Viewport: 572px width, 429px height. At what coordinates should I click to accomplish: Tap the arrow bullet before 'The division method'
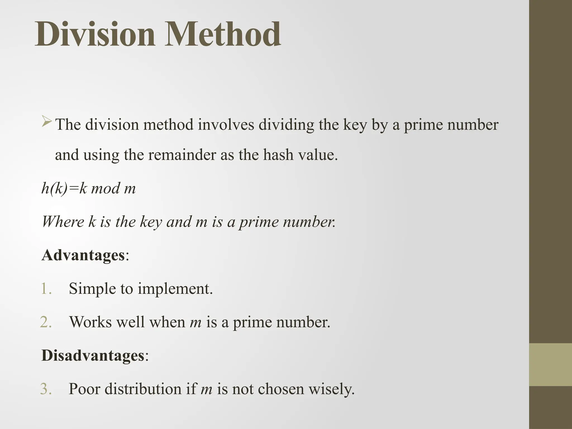point(47,122)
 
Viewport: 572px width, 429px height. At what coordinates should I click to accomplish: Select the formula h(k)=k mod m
point(89,188)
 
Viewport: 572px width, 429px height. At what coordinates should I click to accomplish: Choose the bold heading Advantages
point(83,255)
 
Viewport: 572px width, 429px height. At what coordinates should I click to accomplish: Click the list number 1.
point(46,289)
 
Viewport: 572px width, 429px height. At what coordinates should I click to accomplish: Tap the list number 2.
point(46,322)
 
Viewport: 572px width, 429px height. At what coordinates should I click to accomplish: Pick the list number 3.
point(46,389)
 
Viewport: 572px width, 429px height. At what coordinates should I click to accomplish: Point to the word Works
point(90,322)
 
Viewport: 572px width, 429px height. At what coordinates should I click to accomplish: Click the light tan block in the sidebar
point(550,364)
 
